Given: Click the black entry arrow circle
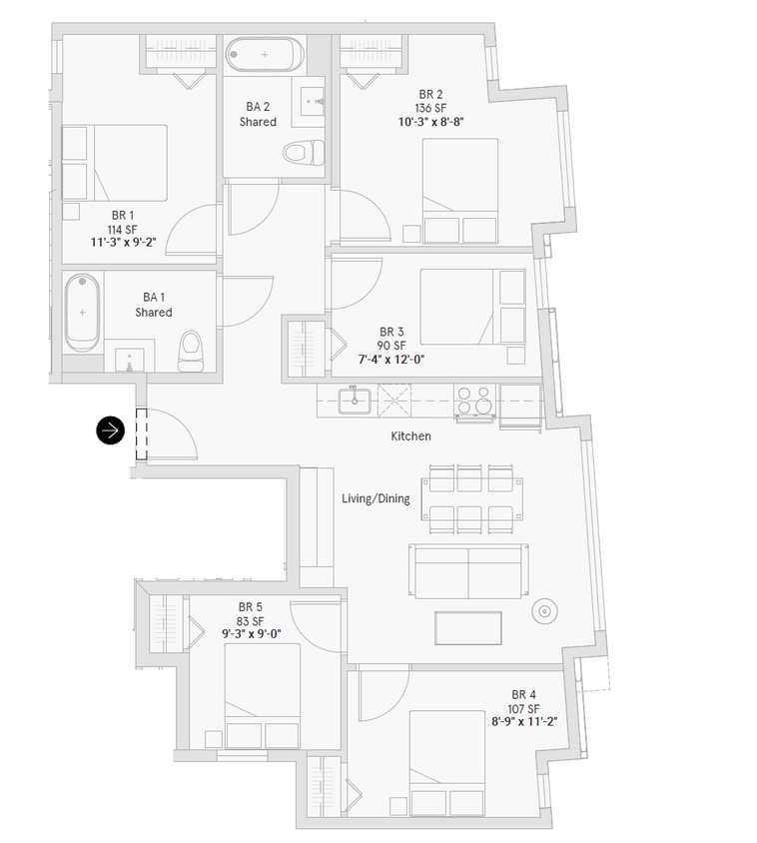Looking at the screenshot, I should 111,430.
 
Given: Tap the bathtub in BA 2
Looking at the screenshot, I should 265,54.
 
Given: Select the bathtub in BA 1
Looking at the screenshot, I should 82,313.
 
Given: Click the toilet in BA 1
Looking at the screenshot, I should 190,351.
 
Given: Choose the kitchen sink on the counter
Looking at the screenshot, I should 354,401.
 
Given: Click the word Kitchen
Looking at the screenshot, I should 410,436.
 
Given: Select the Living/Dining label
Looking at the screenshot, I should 376,498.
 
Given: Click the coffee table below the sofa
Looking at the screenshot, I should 467,627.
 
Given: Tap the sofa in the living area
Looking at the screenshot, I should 468,570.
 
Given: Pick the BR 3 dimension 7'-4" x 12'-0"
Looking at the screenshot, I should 391,360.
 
